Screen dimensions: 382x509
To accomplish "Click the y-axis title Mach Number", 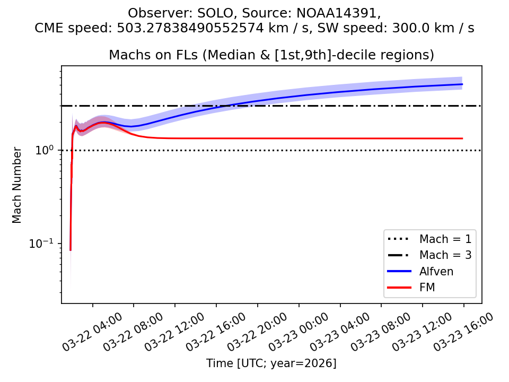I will [x=17, y=185].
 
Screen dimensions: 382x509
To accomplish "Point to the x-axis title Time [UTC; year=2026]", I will [x=271, y=363].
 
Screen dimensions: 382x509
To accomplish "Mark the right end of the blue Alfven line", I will [x=462, y=84].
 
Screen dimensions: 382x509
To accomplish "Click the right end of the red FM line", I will [x=462, y=138].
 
